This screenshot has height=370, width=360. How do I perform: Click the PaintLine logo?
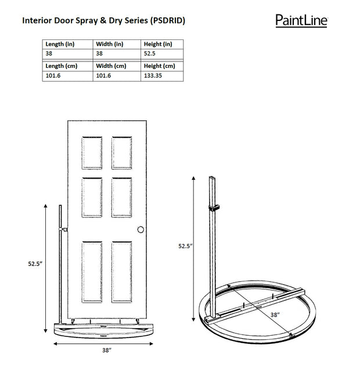(x=301, y=21)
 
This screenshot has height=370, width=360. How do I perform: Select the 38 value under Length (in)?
(x=49, y=53)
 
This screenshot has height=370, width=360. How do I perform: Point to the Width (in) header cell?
(x=110, y=44)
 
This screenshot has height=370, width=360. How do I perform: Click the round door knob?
(x=139, y=230)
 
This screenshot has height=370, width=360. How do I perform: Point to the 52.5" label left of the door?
(x=35, y=264)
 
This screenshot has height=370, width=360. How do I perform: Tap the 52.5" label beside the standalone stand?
(x=185, y=246)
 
